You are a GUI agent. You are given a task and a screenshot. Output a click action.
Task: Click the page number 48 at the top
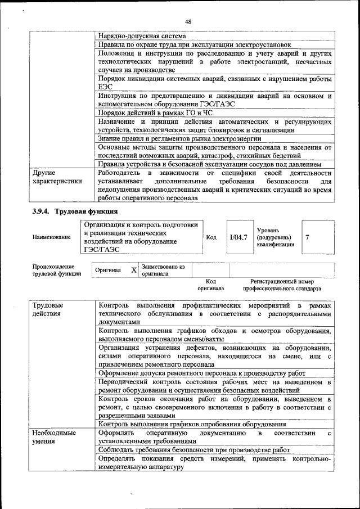[x=188, y=21]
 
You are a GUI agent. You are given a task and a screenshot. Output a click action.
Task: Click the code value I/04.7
[x=238, y=237]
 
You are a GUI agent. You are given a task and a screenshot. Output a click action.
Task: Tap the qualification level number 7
[x=307, y=237]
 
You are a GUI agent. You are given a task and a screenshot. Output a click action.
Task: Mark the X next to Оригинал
[x=134, y=271]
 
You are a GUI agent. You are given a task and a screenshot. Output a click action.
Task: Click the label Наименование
[x=51, y=237]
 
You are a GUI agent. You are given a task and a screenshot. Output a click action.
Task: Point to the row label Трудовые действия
[x=48, y=309]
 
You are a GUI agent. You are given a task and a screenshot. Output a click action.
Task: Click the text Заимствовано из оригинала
[x=163, y=271]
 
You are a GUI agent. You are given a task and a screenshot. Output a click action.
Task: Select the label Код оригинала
[x=211, y=285]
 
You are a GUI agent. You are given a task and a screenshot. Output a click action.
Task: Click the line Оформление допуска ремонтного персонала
[x=201, y=372]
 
